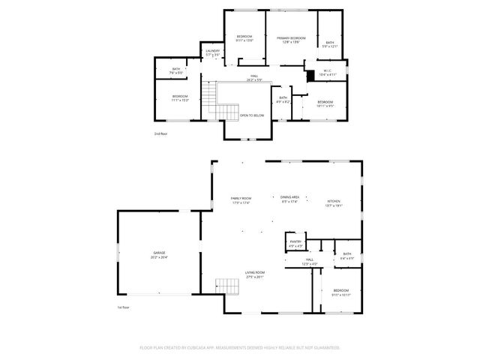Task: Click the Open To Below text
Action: (x=251, y=115)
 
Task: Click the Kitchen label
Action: (x=334, y=200)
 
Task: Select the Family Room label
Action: (x=240, y=199)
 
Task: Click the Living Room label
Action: (x=254, y=274)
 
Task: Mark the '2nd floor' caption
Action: (x=160, y=133)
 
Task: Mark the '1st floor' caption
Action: (x=123, y=307)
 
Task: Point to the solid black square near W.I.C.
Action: (x=310, y=75)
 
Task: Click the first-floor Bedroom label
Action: (x=340, y=292)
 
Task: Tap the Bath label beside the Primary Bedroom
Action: (x=330, y=43)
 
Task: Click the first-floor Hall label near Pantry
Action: (x=289, y=262)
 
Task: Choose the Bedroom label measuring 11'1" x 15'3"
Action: (x=180, y=97)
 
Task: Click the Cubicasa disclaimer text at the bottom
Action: (x=240, y=347)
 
